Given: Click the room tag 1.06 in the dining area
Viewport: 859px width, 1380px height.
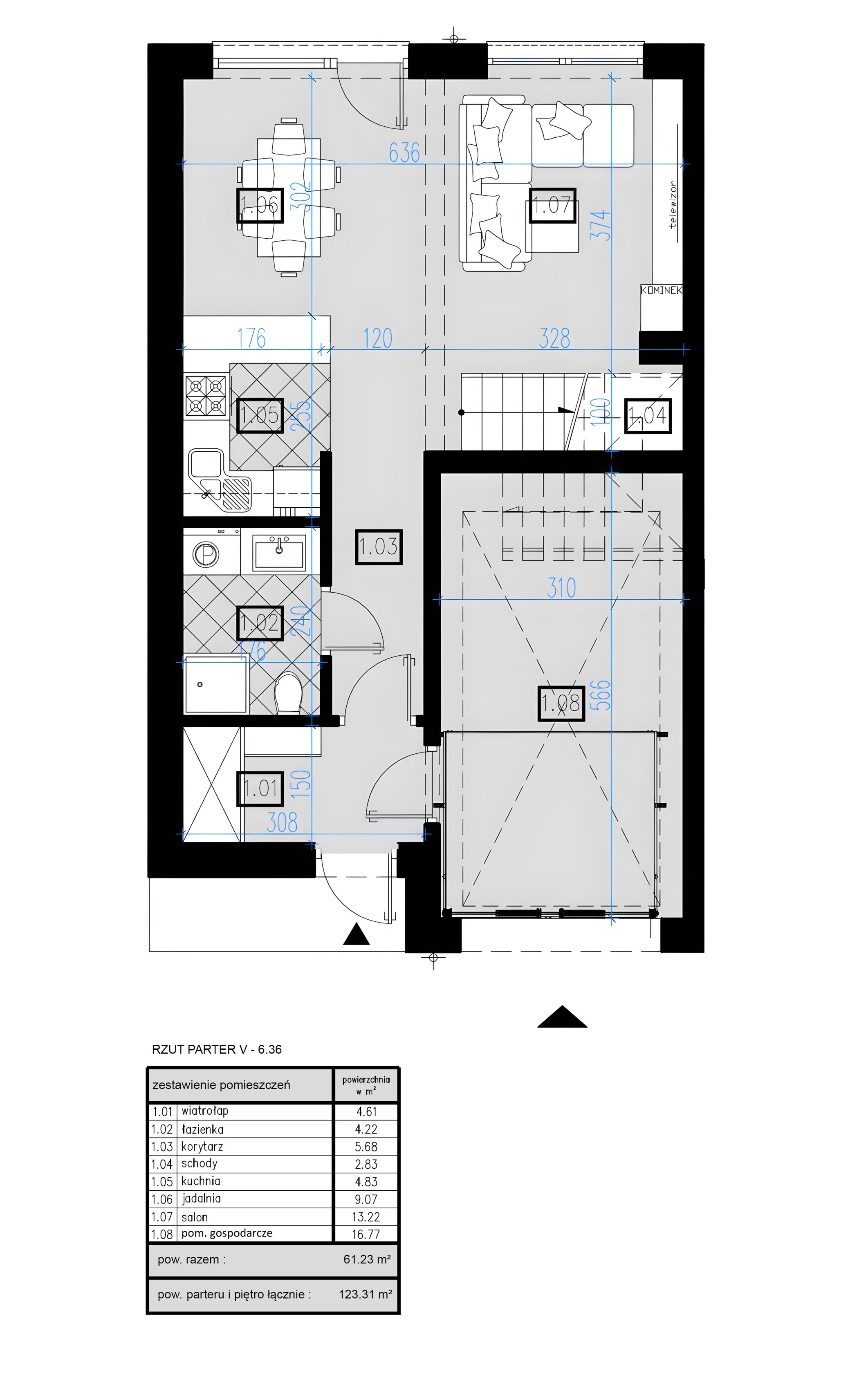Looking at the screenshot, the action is click(x=260, y=205).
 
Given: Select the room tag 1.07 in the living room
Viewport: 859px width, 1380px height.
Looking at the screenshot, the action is click(x=553, y=205).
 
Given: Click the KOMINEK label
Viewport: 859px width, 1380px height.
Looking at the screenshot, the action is click(x=661, y=290).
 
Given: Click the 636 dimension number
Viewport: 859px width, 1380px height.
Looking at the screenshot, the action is click(x=404, y=153).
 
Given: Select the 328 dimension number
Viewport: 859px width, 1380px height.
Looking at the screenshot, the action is click(x=554, y=338).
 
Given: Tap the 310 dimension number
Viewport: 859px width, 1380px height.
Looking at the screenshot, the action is click(x=561, y=588).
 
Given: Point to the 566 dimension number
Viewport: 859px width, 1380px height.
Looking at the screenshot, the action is click(x=601, y=695).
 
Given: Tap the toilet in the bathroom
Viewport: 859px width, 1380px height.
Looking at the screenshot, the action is click(x=288, y=693).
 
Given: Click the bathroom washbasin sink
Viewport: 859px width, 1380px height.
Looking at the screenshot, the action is click(x=279, y=551).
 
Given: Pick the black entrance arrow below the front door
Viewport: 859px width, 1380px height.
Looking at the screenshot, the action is click(x=356, y=934).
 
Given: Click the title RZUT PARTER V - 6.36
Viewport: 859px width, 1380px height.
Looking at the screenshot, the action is click(x=216, y=1049).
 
